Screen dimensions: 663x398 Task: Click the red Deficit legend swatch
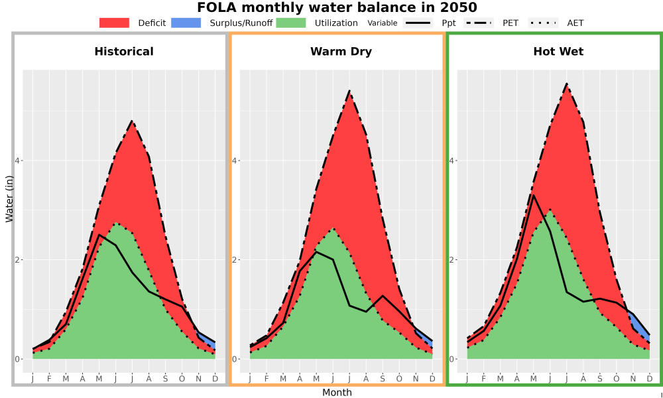[114, 23]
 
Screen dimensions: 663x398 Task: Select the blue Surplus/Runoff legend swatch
[186, 23]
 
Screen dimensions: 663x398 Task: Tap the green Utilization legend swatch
[291, 23]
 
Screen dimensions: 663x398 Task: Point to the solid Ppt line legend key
[418, 23]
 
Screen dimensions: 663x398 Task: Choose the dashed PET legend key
[479, 23]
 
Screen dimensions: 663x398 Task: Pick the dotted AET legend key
[543, 23]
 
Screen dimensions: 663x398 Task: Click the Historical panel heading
[124, 52]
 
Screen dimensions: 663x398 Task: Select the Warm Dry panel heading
[341, 52]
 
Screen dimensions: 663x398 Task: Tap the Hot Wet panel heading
[558, 52]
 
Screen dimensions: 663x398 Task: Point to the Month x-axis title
[337, 393]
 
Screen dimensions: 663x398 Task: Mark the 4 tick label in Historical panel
[18, 161]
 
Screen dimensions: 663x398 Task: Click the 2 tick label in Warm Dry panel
[235, 259]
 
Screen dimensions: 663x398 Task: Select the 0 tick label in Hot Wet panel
[452, 359]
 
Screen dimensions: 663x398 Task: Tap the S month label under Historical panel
[165, 379]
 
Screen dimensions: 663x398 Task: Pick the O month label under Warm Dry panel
[399, 379]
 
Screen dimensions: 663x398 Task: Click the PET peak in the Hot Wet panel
[567, 84]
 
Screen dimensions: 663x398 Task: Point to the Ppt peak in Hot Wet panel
[534, 195]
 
